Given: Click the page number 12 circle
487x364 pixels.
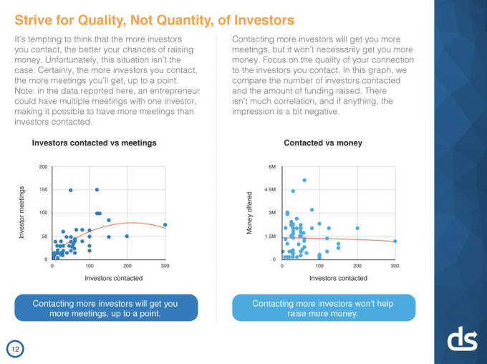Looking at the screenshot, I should [x=14, y=348].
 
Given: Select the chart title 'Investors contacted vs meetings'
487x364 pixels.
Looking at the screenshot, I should [x=94, y=143].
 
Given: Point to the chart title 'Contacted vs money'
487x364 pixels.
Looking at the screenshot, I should [x=323, y=143].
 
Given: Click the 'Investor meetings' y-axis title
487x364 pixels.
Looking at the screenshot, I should [x=22, y=213].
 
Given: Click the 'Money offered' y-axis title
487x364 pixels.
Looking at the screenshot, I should [x=250, y=213].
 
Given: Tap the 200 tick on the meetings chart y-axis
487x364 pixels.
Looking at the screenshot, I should [x=43, y=167].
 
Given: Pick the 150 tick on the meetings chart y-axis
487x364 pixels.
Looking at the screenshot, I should [x=43, y=190].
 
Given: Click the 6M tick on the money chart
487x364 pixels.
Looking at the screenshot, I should [x=271, y=167].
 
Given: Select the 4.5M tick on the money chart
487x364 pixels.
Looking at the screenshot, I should [x=269, y=190].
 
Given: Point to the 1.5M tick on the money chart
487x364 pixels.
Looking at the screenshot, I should [x=269, y=236].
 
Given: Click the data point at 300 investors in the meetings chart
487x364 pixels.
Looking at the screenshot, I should [x=165, y=224].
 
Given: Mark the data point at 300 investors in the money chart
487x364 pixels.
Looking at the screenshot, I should [x=395, y=241].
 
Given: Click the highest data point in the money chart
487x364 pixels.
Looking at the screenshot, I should [x=304, y=180].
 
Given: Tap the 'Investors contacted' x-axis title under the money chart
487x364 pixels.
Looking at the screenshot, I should [x=338, y=277].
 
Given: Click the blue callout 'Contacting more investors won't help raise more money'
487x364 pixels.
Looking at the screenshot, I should [x=323, y=308].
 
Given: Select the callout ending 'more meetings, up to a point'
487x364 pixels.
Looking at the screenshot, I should [x=105, y=308].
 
